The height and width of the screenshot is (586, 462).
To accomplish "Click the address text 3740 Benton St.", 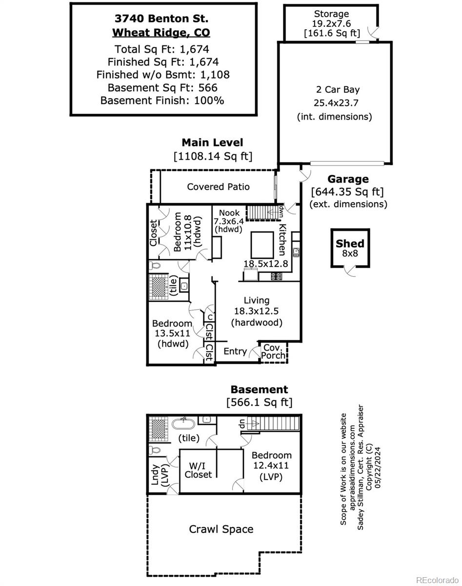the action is [x=161, y=19].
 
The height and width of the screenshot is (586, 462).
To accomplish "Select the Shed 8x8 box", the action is [x=350, y=248].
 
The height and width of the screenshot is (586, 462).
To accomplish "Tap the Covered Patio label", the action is [x=218, y=187].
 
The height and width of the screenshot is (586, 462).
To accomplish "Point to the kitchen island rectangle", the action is [x=262, y=245].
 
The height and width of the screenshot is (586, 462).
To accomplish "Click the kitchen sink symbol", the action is [x=296, y=252].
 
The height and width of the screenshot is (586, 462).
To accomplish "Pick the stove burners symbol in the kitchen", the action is [x=277, y=276].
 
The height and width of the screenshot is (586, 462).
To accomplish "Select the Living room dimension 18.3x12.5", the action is [x=256, y=311].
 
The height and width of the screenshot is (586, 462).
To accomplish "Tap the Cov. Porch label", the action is [x=273, y=352].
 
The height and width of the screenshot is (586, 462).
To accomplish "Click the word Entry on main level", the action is [x=235, y=351].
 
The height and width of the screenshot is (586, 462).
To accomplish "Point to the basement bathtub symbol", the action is [x=183, y=423].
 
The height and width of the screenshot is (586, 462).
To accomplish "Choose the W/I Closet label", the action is [x=198, y=471].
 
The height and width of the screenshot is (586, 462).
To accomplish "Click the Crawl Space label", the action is [x=221, y=529].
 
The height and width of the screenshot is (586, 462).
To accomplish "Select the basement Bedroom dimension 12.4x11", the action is [x=271, y=465].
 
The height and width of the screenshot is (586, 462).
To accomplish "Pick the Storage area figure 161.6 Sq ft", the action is [x=332, y=33].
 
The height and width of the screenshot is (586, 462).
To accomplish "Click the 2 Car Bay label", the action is [x=338, y=89].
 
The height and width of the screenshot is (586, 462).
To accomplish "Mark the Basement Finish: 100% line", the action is [x=162, y=101].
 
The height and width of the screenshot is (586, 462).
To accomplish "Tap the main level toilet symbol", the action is [x=155, y=266].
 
